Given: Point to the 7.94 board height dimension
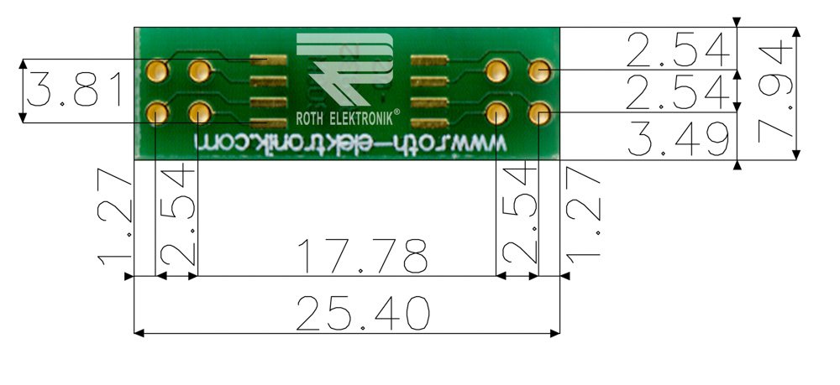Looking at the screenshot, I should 774,93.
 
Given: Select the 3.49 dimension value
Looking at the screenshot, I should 676,140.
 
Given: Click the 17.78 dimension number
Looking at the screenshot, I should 364,256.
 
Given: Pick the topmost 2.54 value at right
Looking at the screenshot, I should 676,50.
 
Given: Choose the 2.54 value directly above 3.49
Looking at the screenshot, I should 676,92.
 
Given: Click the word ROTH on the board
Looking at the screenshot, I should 312,119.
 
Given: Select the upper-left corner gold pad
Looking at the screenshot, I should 157,70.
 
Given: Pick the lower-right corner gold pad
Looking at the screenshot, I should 539,112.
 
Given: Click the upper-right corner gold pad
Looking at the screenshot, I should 539,70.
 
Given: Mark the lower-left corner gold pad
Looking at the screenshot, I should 157,112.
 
